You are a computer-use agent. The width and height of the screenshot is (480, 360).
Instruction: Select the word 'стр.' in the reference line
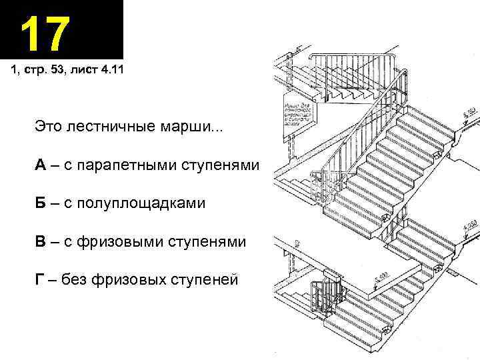point(39,71)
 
